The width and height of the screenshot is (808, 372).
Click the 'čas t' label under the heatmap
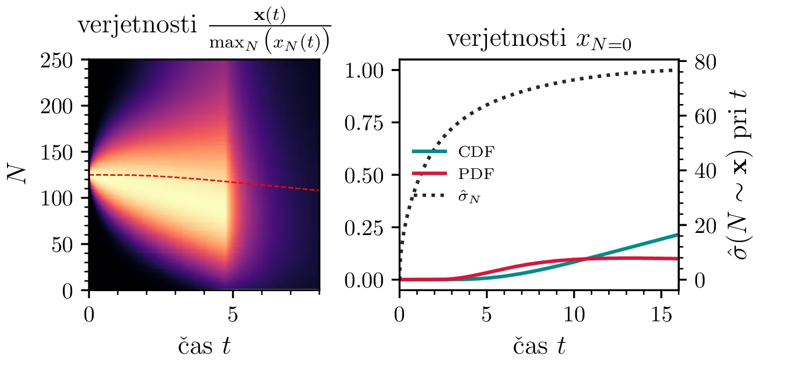pos(204,346)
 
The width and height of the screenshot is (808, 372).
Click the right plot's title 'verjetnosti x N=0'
pos(539,40)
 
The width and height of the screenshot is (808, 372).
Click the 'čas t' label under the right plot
pos(539,346)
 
